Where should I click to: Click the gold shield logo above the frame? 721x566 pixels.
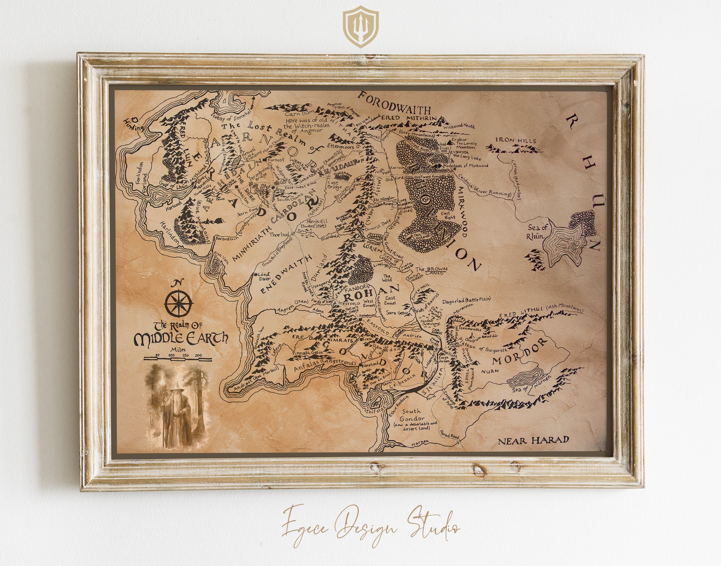pos(360,27)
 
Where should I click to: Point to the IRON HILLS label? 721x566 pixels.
pos(516,140)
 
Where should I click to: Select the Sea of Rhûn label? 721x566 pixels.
pos(537,232)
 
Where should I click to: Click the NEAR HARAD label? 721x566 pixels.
pos(533,440)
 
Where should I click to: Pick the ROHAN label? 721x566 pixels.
pos(372,294)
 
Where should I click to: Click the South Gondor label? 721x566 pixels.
pos(411,415)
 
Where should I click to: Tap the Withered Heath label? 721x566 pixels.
pos(459,126)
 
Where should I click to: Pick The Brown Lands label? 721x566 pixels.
pos(431,271)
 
